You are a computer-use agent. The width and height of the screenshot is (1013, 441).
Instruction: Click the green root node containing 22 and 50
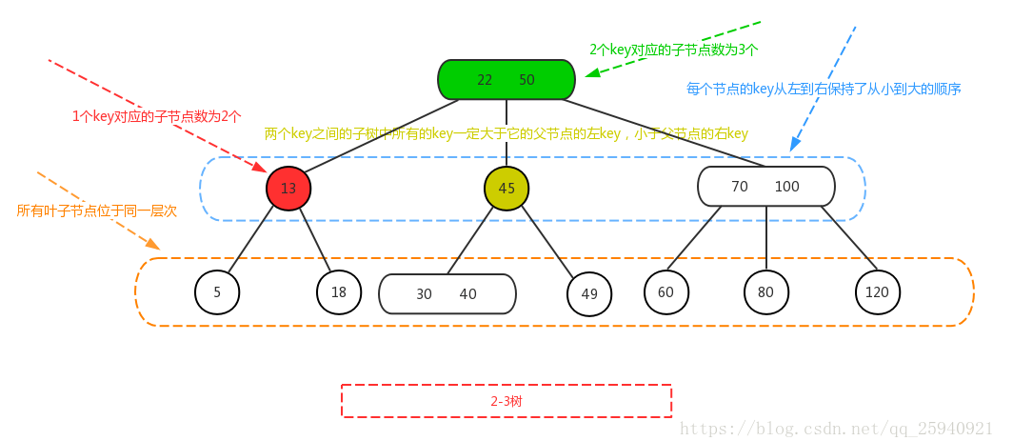pos(506,80)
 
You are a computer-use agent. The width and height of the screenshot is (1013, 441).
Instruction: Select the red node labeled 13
pos(288,189)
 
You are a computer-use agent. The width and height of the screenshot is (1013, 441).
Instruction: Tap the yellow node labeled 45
pos(506,189)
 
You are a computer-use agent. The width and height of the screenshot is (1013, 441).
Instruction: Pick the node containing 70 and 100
pos(765,187)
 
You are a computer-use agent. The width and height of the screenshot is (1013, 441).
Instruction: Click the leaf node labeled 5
pos(217,293)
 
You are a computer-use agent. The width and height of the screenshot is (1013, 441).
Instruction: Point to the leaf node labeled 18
pos(339,293)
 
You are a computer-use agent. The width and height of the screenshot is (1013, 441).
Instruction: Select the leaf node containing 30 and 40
pos(447,294)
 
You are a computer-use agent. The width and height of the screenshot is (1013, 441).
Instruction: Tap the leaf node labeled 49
pos(589,294)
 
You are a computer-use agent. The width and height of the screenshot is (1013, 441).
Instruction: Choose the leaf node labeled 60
pos(665,292)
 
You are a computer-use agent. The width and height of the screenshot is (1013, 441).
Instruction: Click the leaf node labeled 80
pos(765,293)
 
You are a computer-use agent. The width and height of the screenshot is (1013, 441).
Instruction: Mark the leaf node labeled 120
pos(877,293)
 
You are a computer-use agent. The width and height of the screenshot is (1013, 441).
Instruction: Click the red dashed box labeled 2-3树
pos(506,401)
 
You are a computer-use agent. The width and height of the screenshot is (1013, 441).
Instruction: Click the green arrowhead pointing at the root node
pos(592,73)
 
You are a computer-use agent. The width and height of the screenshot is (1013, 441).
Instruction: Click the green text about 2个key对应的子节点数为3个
pos(673,49)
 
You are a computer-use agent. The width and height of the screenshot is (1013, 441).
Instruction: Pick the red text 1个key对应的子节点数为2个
pos(157,116)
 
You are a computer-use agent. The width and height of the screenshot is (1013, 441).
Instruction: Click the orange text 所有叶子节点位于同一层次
pos(97,210)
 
